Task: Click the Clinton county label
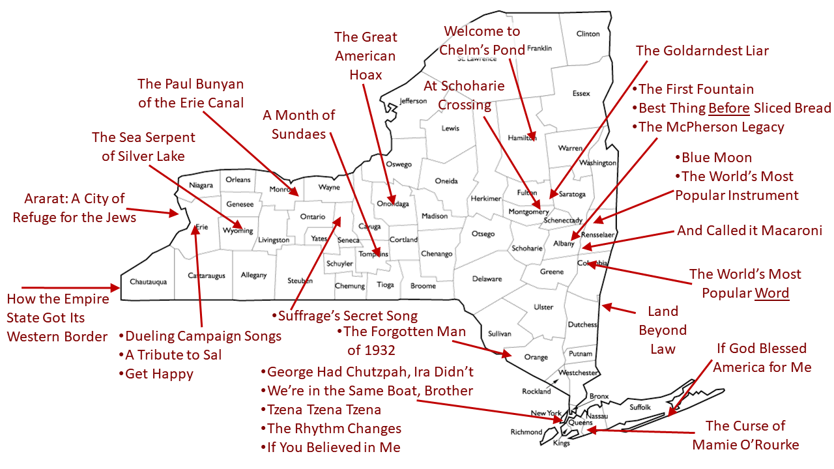pos(588,34)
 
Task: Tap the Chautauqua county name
pos(149,281)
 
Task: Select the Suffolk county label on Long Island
pos(640,407)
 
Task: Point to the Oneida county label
pos(446,181)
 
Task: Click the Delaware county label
pos(487,279)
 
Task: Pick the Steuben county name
pos(300,281)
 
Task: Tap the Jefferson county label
pos(413,101)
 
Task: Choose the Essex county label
pos(581,93)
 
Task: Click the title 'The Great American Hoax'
pos(366,55)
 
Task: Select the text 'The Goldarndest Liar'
pos(702,51)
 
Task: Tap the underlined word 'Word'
pos(772,293)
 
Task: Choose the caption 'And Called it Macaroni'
pos(749,231)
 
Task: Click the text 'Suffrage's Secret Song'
pos(347,317)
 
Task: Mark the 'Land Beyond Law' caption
pos(663,330)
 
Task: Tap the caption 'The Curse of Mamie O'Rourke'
pos(745,435)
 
